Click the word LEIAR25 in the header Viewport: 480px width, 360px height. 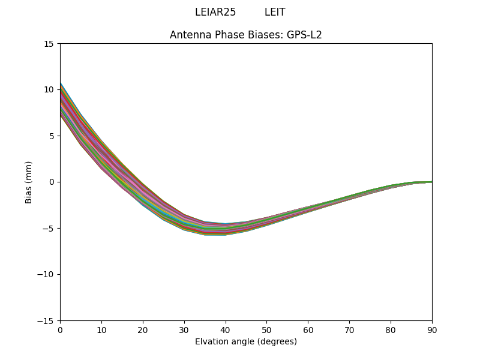point(215,12)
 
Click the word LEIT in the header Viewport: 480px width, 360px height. point(275,12)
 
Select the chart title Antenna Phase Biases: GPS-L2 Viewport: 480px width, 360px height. point(246,35)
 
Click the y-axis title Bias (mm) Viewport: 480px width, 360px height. point(29,182)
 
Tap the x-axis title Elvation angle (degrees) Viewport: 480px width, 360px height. point(246,341)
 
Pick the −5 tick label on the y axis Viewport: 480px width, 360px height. point(48,229)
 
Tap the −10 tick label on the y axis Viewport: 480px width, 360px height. point(46,275)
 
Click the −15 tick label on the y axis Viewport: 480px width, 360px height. point(46,321)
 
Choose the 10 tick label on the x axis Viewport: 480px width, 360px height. point(101,330)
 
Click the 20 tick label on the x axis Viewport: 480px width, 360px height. point(143,330)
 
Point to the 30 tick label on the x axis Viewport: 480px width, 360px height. point(184,330)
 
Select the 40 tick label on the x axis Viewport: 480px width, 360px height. point(226,330)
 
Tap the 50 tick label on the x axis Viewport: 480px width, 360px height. point(266,330)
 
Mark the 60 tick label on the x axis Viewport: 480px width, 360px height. point(308,330)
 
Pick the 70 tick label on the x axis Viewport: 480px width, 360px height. point(349,330)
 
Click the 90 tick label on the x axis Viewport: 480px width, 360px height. point(432,330)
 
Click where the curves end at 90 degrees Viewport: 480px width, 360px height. point(431,182)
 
